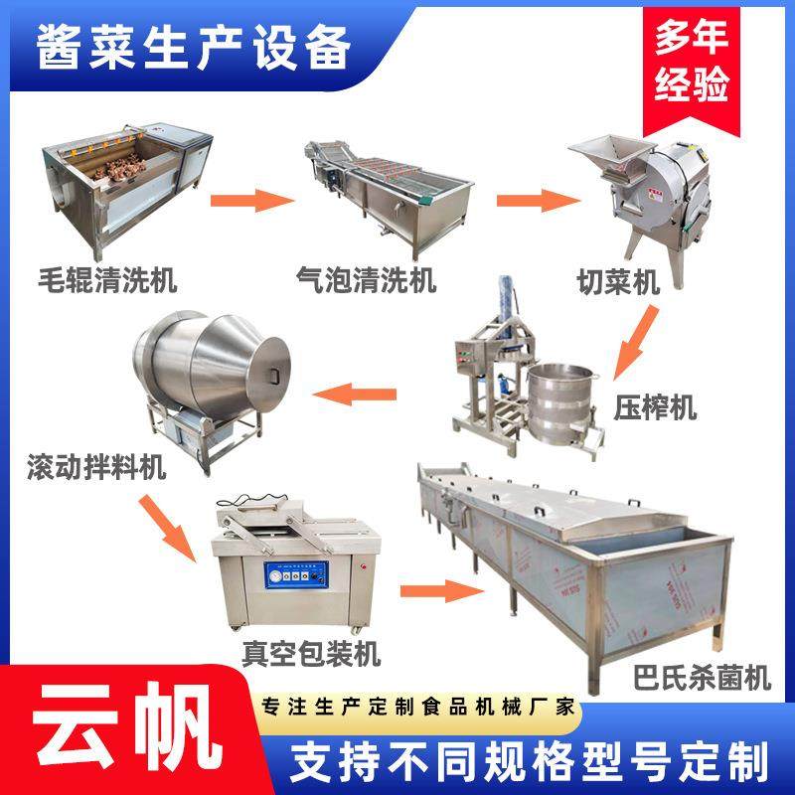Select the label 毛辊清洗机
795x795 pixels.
click(x=108, y=281)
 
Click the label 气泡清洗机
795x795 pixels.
click(x=367, y=281)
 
